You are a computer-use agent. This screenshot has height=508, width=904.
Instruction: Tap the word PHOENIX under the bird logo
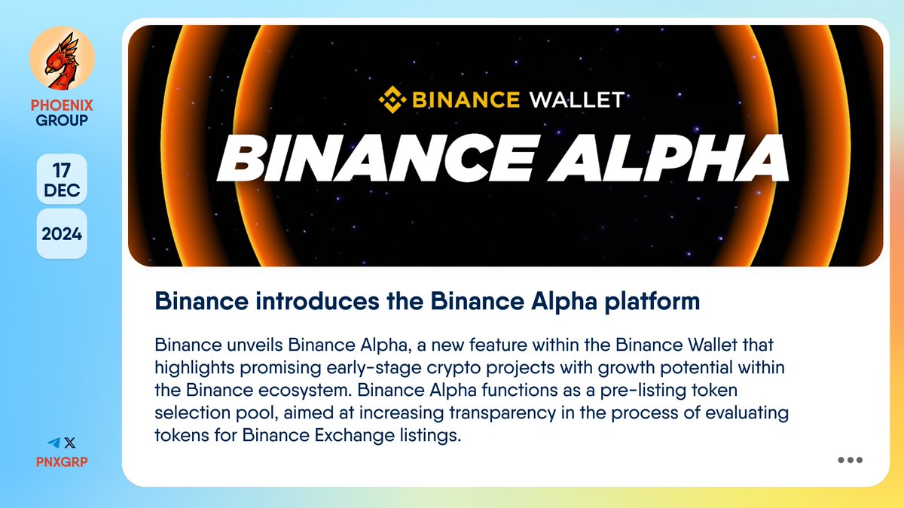[62, 105]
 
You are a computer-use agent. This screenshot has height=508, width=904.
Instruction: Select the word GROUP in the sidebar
[62, 120]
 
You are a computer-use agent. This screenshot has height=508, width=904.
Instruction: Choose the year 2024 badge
[62, 233]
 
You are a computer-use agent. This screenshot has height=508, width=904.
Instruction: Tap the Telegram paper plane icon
[53, 443]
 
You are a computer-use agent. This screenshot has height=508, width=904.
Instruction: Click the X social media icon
[70, 443]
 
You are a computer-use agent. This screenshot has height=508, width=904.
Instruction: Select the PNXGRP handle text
[62, 461]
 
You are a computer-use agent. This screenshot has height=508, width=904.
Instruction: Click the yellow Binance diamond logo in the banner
[391, 99]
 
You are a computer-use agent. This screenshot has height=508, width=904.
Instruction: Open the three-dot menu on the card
[850, 461]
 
